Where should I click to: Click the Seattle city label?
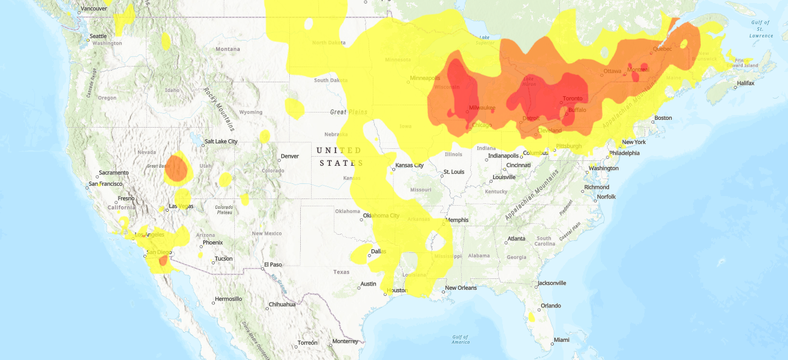[98, 36]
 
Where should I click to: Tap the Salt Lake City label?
[221, 142]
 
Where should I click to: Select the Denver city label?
[289, 156]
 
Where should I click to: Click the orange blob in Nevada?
[176, 168]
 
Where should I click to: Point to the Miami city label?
[561, 340]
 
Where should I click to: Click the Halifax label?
[745, 83]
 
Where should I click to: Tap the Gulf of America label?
[460, 339]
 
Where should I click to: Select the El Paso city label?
[272, 265]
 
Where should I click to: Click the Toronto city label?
[573, 99]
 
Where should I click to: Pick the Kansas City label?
[409, 166]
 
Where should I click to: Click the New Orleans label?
[461, 288]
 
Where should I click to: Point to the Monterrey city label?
[345, 341]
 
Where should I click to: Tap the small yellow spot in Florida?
[531, 316]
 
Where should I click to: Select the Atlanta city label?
[516, 238]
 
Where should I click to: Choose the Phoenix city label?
[212, 243]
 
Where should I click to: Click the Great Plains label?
[349, 112]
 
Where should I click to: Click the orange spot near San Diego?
[163, 261]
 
